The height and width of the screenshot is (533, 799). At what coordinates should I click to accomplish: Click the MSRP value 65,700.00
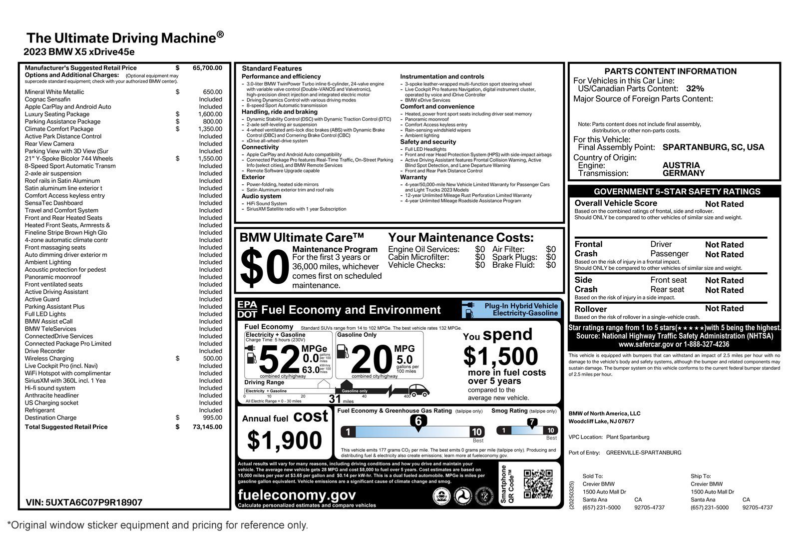(x=207, y=68)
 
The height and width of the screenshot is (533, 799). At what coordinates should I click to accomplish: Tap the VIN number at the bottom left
(x=84, y=503)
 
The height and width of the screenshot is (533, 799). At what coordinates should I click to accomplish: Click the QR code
(x=538, y=484)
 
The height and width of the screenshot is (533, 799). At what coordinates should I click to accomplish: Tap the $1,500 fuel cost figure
(x=500, y=357)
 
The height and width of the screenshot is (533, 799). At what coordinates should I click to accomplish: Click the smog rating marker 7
(x=532, y=422)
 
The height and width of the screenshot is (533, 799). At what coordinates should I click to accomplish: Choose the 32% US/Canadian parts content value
(x=695, y=88)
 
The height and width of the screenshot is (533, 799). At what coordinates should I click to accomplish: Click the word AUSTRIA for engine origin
(x=681, y=165)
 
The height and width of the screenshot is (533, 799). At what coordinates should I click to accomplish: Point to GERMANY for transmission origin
(x=683, y=173)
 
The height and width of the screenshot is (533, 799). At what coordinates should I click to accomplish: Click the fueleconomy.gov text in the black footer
(x=297, y=495)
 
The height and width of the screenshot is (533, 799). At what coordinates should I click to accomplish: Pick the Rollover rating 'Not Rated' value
(x=724, y=309)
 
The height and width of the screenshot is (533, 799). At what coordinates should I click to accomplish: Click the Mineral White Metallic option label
(x=54, y=92)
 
